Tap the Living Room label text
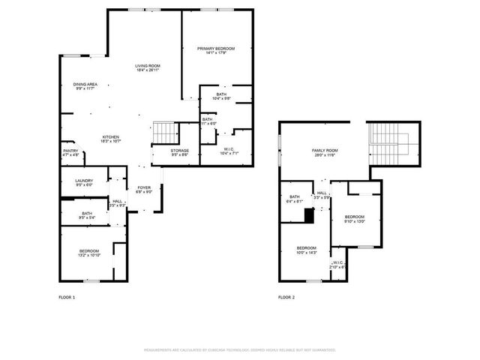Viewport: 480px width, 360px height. [x=148, y=68]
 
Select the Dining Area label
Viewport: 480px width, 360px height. [x=85, y=86]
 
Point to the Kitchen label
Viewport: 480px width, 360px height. [x=111, y=139]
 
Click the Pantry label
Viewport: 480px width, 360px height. [x=70, y=153]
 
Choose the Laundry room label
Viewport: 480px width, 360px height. [x=83, y=183]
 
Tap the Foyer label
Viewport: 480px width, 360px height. [x=144, y=190]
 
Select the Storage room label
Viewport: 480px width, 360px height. [x=180, y=153]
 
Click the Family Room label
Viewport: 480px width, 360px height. [x=325, y=152]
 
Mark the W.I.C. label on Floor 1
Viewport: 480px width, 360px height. [x=229, y=153]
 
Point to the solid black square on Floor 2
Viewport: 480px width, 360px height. [x=308, y=216]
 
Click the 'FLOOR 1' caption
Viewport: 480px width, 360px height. [x=67, y=298]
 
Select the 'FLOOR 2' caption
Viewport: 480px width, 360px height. [x=286, y=298]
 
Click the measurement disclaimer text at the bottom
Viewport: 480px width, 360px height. [x=240, y=349]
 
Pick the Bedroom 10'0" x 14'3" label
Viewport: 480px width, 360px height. [x=307, y=250]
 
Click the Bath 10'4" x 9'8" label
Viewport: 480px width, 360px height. [x=221, y=97]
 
